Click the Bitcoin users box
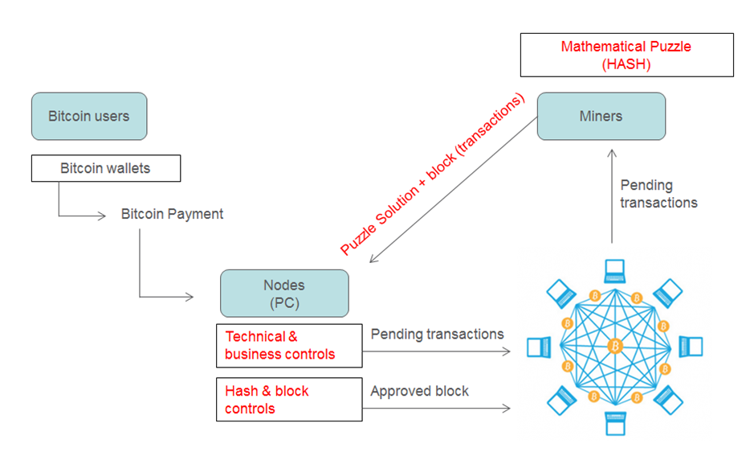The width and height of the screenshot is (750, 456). pos(89,116)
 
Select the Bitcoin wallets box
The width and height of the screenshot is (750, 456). pos(106,169)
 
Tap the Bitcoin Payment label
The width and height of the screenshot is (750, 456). pos(172,214)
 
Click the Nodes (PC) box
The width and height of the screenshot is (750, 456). pos(284,293)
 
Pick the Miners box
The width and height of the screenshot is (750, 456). pos(601,117)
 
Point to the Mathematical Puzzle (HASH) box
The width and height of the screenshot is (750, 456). pos(626,55)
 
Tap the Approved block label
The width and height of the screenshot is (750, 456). pos(419,392)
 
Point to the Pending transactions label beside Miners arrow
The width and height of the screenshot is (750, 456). pos(658,194)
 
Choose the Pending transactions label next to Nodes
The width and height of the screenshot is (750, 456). pos(437,334)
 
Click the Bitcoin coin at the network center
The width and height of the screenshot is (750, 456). pos(615,347)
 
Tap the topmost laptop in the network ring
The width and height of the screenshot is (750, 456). pos(615,270)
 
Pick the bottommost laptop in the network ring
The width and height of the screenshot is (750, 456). pos(615,423)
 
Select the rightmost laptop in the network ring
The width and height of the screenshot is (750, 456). pos(691,347)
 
